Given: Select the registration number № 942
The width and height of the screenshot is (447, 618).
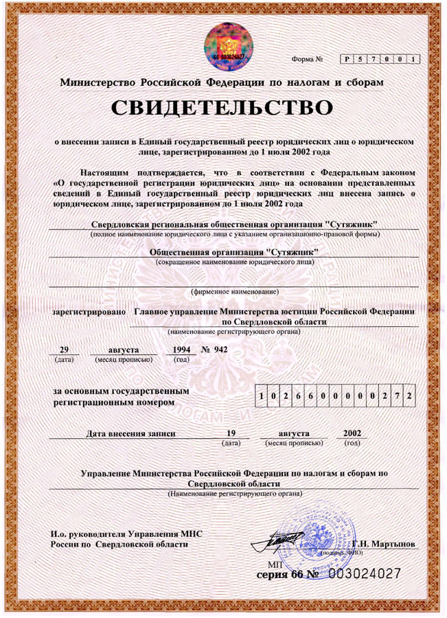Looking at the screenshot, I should click(x=214, y=349).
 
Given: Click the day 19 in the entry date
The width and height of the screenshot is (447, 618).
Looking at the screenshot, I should click(x=231, y=434).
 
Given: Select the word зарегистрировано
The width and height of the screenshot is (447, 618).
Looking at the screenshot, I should click(x=89, y=311).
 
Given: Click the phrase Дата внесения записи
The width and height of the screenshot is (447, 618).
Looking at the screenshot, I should click(x=130, y=434).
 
